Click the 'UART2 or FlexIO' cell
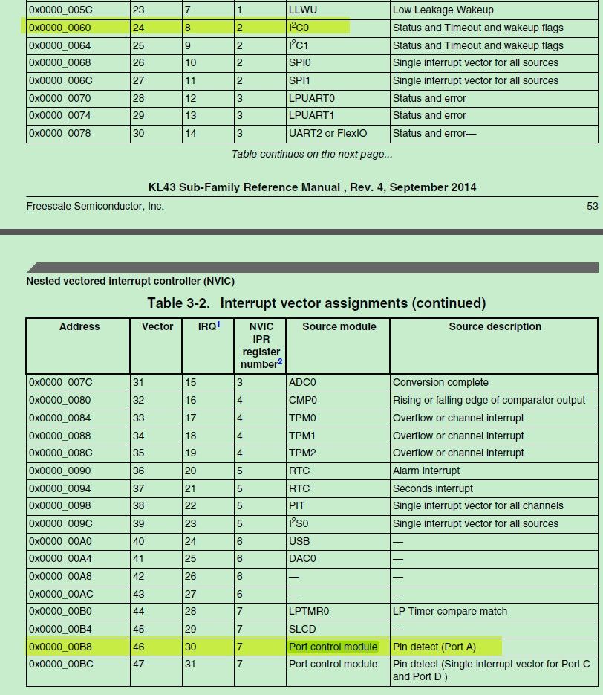click(x=327, y=133)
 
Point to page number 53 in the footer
click(x=592, y=206)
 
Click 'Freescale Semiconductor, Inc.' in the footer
click(x=95, y=206)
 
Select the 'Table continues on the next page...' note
click(x=312, y=154)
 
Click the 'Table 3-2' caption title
click(x=316, y=303)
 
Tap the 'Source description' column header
click(x=495, y=326)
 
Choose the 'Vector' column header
click(x=157, y=326)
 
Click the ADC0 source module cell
click(x=302, y=382)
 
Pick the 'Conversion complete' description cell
click(x=440, y=382)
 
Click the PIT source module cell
click(x=296, y=505)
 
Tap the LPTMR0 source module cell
click(x=309, y=611)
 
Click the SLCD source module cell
click(x=301, y=629)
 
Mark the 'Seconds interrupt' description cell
click(x=433, y=488)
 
